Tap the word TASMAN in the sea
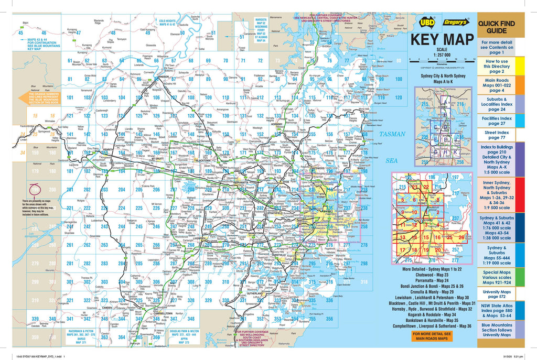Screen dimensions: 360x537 coord(393,134)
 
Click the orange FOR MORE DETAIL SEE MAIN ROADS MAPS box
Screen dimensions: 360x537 coord(432,336)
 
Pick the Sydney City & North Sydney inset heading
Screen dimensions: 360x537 coord(443,79)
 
